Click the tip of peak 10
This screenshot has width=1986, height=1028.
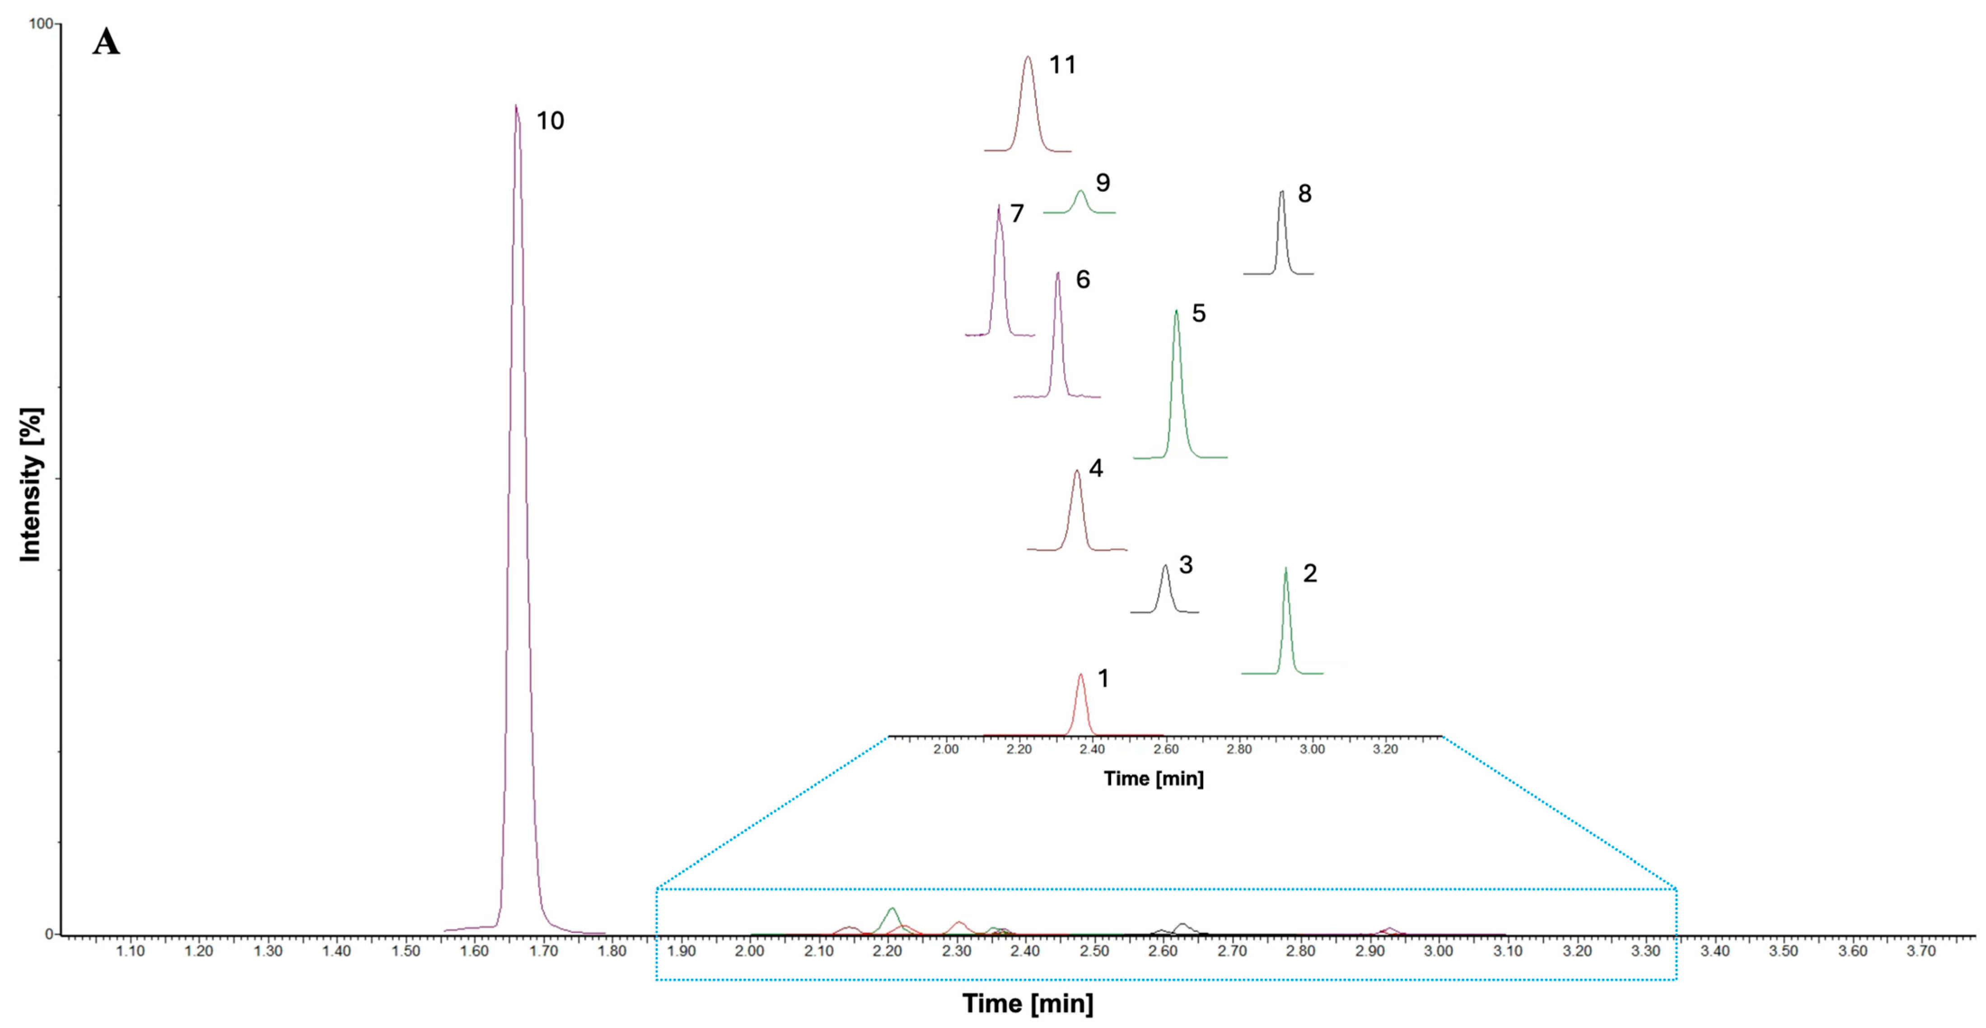tap(516, 107)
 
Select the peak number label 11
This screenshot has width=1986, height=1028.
tap(1062, 65)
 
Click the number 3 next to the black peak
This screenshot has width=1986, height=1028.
tap(1186, 565)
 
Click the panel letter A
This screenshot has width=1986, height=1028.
tap(107, 42)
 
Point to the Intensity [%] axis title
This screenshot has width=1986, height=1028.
tap(31, 485)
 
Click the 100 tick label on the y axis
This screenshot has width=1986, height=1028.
tap(40, 24)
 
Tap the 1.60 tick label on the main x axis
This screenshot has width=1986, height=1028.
tap(474, 951)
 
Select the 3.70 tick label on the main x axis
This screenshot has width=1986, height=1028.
tap(1921, 951)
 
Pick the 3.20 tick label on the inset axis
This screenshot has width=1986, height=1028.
tap(1385, 749)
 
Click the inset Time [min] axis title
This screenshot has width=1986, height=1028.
tap(1154, 778)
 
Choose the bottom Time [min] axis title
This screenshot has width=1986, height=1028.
tap(1027, 1003)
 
